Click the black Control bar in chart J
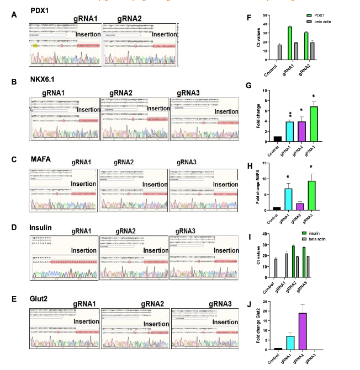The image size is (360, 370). pyautogui.click(x=277, y=348)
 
